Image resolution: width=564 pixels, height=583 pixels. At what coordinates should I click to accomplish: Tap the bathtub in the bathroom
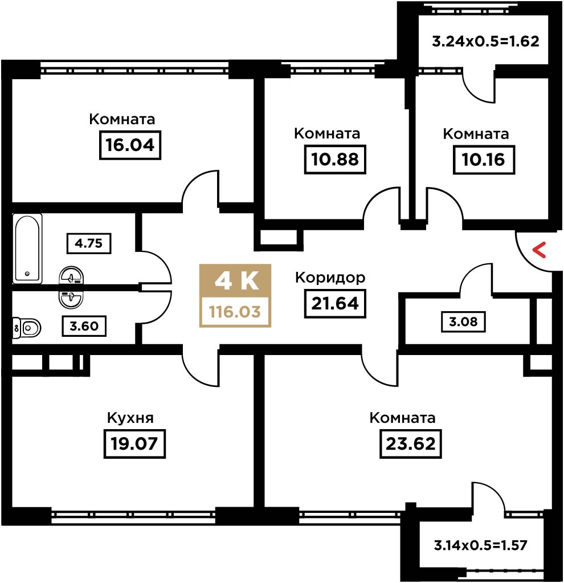26,248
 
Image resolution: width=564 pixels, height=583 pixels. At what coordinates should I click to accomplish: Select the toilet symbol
27,328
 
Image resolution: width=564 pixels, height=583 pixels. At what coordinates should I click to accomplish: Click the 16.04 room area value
130,145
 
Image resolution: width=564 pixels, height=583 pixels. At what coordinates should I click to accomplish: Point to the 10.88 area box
335,160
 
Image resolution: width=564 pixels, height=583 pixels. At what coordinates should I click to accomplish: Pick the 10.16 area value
484,160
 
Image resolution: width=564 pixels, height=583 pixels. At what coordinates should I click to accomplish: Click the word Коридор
330,278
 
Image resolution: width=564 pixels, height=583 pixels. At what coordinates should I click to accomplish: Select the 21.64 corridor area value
335,303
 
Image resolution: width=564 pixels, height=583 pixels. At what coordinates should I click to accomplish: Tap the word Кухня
130,418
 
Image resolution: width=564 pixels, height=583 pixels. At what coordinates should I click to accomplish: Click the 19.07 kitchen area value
134,443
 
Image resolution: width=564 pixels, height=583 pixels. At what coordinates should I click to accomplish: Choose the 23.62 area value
410,443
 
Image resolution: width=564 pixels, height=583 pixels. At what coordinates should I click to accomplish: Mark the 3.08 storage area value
463,321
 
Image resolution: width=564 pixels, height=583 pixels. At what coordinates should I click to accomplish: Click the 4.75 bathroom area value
88,243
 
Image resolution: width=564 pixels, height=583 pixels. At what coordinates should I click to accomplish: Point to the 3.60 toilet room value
84,326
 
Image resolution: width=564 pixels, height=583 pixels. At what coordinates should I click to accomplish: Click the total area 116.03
235,312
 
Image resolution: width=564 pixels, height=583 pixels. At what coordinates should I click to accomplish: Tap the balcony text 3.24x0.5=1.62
485,41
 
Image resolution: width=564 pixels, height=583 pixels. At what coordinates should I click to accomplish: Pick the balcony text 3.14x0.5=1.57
480,545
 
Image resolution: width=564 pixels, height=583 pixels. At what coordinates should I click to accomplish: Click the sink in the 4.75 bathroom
71,276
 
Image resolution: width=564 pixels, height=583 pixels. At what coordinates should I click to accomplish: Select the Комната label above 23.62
402,418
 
